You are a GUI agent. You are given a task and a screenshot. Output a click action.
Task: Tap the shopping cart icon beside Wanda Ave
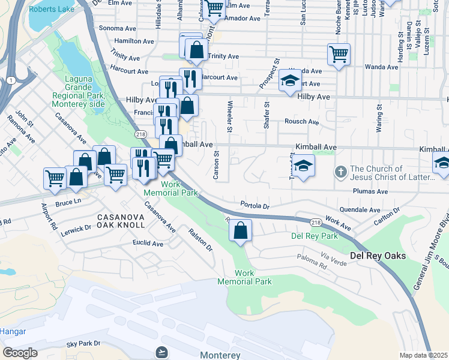tap(339, 54)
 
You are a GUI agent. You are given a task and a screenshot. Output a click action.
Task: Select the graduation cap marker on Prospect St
tap(290, 80)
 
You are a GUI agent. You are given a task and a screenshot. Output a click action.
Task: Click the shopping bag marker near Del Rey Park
tap(240, 230)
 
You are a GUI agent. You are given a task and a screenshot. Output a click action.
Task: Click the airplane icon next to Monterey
tap(161, 352)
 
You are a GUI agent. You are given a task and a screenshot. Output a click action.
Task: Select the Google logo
tap(20, 353)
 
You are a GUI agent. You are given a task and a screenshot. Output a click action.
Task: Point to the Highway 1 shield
tap(11, 80)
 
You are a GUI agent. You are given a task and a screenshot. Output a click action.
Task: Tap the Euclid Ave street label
tap(148, 244)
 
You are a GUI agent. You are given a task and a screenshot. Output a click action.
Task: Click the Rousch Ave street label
tap(302, 122)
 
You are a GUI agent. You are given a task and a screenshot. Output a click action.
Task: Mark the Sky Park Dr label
tap(83, 344)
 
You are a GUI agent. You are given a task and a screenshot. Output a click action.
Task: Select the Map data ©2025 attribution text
tap(423, 355)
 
